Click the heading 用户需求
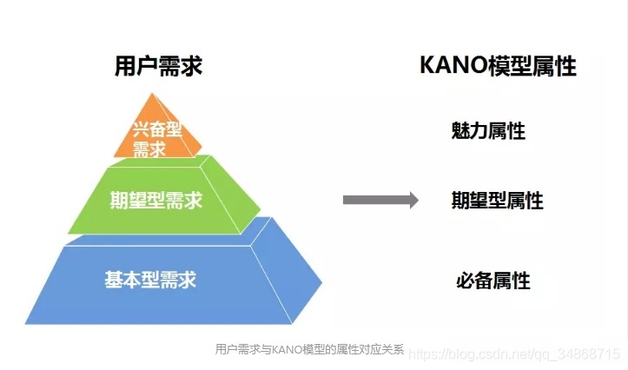tap(158, 66)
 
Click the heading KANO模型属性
tap(498, 66)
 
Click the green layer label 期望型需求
tap(156, 201)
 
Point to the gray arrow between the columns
tap(380, 201)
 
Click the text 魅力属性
tap(488, 131)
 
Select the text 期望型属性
tap(497, 201)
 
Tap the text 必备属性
tap(492, 281)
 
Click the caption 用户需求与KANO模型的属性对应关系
tap(309, 349)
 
